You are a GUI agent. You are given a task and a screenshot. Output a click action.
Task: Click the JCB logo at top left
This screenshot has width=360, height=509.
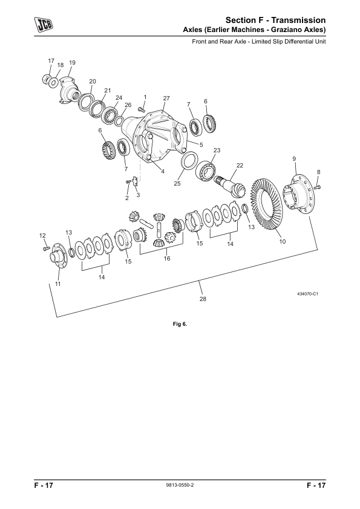(x=44, y=24)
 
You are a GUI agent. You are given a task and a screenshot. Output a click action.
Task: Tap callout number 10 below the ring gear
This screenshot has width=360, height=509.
(x=283, y=242)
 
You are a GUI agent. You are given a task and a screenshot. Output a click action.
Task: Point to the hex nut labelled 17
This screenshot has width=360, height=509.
(x=47, y=79)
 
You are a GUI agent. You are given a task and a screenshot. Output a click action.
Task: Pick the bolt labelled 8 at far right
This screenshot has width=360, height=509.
(x=318, y=186)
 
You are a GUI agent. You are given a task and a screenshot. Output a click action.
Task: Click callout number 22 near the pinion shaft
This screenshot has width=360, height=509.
(x=240, y=166)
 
